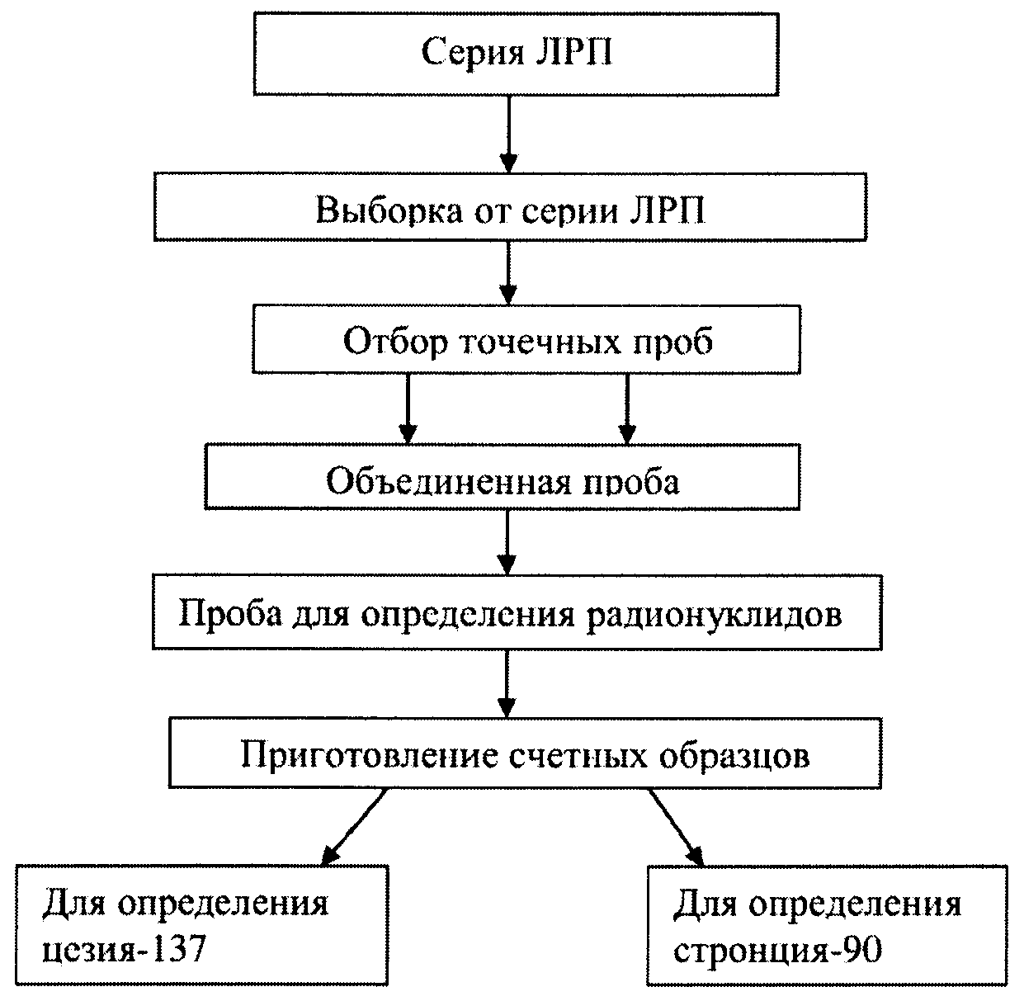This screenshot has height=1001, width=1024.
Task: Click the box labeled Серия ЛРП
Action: [517, 54]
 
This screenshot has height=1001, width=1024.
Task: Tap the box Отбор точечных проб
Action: [526, 339]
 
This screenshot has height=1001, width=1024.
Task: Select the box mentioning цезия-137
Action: [202, 925]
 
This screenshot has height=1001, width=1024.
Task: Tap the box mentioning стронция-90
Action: [827, 925]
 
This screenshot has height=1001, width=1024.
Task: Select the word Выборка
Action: [389, 212]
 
